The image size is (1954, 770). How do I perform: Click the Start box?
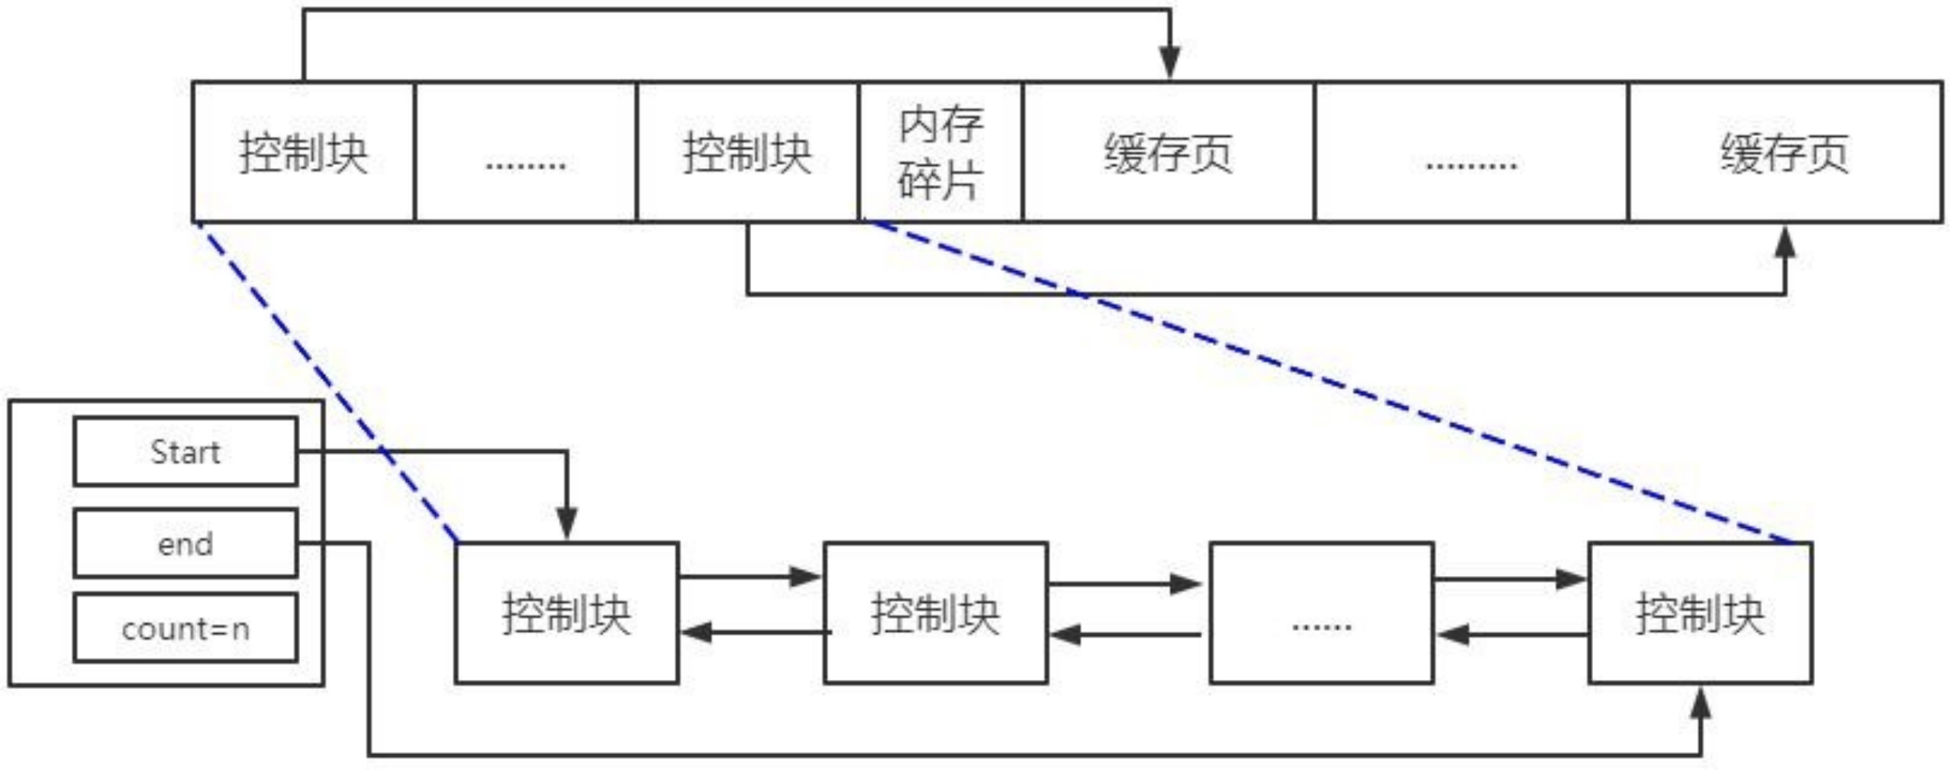185,451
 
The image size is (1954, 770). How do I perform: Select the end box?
185,543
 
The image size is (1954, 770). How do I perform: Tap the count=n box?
185,628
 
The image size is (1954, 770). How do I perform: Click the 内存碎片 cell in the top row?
940,152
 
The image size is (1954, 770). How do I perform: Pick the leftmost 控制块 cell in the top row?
303,152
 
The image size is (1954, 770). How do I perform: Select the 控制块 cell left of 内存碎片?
747,152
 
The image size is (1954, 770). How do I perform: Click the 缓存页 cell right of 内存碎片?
1169,152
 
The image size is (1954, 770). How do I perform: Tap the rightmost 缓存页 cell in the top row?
1785,152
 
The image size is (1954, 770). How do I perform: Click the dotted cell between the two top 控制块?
526,152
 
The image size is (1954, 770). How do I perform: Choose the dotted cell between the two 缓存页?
1472,152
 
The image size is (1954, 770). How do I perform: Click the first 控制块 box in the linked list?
567,613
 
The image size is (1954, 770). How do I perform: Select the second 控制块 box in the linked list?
936,613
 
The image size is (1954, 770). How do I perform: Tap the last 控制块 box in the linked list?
1701,613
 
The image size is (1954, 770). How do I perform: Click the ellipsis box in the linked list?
1322,613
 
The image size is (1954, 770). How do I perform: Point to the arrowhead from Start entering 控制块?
567,524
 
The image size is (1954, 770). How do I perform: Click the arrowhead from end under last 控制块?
1701,703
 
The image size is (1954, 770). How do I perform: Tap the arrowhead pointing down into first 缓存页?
1170,63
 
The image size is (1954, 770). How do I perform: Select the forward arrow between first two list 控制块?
751,576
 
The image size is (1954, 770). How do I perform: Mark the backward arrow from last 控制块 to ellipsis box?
1511,634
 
